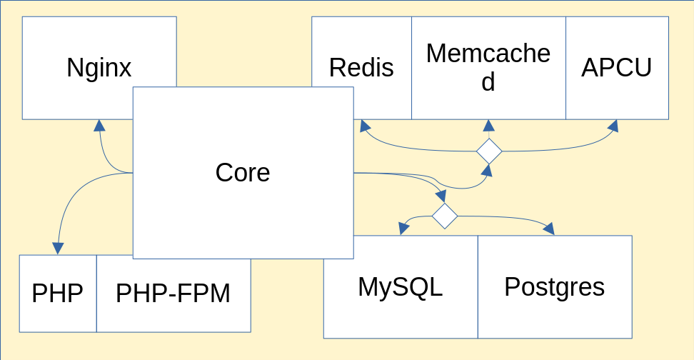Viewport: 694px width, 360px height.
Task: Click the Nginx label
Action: pos(99,68)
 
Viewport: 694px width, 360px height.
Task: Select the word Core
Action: pos(243,172)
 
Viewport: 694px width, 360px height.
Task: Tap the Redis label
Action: pos(361,68)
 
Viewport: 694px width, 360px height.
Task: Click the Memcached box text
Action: pos(488,68)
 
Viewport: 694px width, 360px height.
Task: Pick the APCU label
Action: pos(617,68)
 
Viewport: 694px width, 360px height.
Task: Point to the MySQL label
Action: pos(400,286)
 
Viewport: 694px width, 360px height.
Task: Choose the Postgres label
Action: pos(554,286)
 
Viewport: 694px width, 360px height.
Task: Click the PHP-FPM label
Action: pos(173,294)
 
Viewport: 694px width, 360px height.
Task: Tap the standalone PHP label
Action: pos(57,294)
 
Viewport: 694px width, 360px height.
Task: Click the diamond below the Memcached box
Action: pos(489,151)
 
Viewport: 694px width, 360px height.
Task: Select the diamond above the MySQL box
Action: pos(444,216)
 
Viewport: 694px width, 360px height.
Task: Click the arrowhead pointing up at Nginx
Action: pos(99,126)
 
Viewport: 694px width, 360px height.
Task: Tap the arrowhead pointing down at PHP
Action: pos(57,248)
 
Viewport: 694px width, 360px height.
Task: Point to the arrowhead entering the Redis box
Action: pos(365,126)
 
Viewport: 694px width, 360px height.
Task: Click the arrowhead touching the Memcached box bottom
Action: pos(489,126)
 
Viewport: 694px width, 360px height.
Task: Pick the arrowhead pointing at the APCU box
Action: pos(612,126)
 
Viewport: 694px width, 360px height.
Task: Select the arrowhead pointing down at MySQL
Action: pos(404,228)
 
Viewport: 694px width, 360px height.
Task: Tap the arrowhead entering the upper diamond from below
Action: pos(487,169)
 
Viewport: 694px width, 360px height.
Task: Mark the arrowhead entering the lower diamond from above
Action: pos(441,196)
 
